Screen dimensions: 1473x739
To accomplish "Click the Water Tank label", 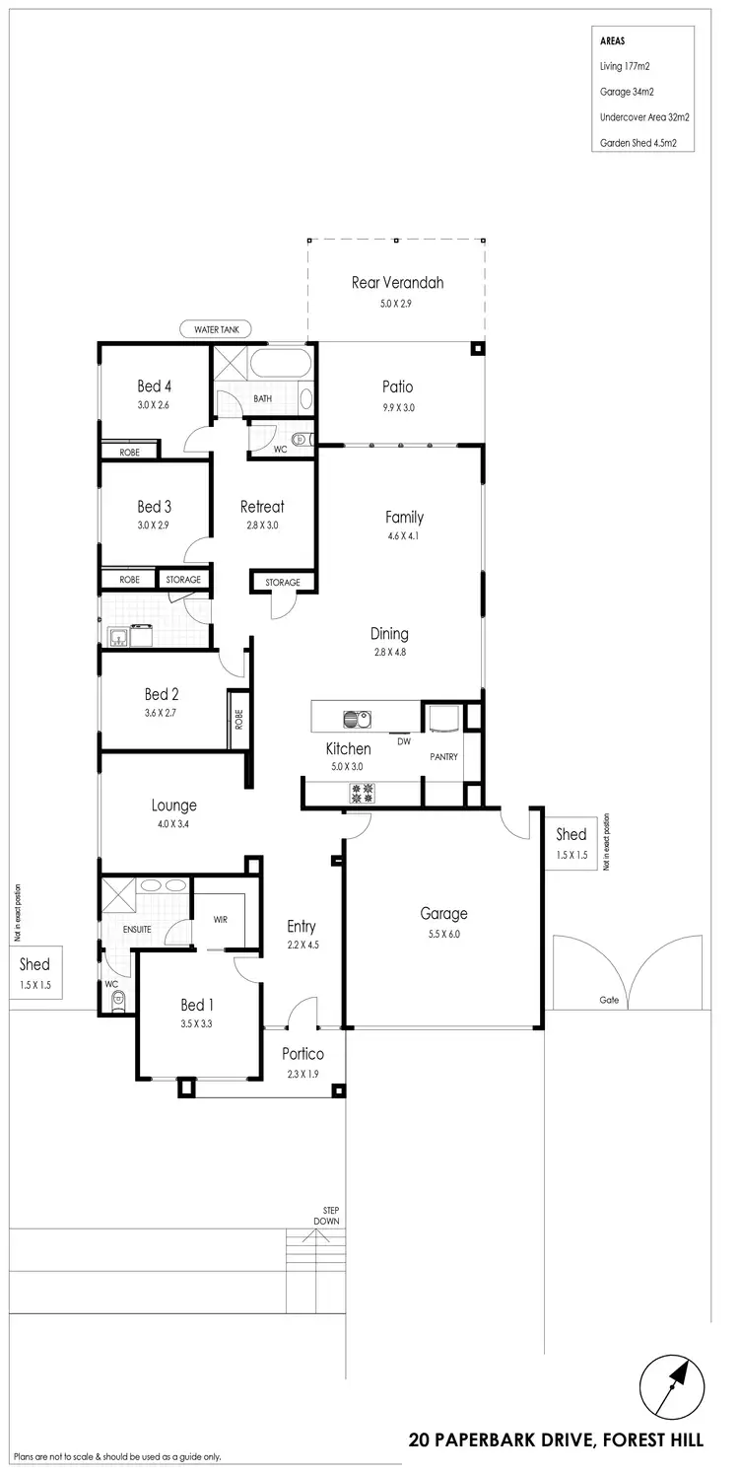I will coord(216,329).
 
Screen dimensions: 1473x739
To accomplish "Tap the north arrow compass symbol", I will coord(672,1388).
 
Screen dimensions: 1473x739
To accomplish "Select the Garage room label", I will coord(443,913).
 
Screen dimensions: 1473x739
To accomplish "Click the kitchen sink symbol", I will coord(356,720).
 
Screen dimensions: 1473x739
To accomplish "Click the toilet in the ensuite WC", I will coord(118,1002).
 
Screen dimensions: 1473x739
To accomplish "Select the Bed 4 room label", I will coord(154,386).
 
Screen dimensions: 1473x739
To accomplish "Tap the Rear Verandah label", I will coord(397,282).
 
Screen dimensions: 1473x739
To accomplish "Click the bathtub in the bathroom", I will coord(279,365).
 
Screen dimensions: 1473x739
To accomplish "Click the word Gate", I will coord(609,999).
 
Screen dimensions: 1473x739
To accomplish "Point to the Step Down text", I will coord(326,1215).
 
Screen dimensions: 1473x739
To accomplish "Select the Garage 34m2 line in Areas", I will coord(629,91).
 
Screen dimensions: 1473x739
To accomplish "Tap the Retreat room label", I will coord(262,507).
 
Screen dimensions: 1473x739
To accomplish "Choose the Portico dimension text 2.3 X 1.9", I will coord(303,1074).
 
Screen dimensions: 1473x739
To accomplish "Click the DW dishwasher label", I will coord(403,741).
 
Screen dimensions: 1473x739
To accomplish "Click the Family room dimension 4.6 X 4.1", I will coord(404,536).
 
